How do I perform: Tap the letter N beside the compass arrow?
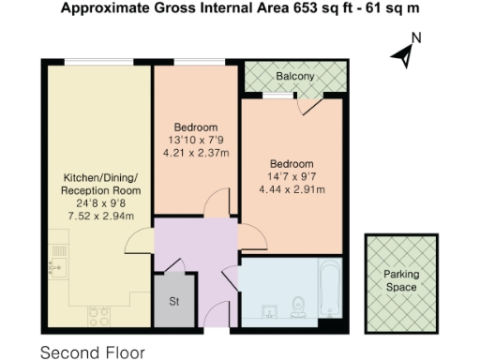[417, 38]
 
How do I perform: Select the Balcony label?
[294, 76]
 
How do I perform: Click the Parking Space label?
[401, 280]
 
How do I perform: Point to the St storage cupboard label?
[174, 301]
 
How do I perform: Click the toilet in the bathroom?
[299, 307]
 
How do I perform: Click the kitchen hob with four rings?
[97, 314]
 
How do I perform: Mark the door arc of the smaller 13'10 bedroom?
[217, 202]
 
